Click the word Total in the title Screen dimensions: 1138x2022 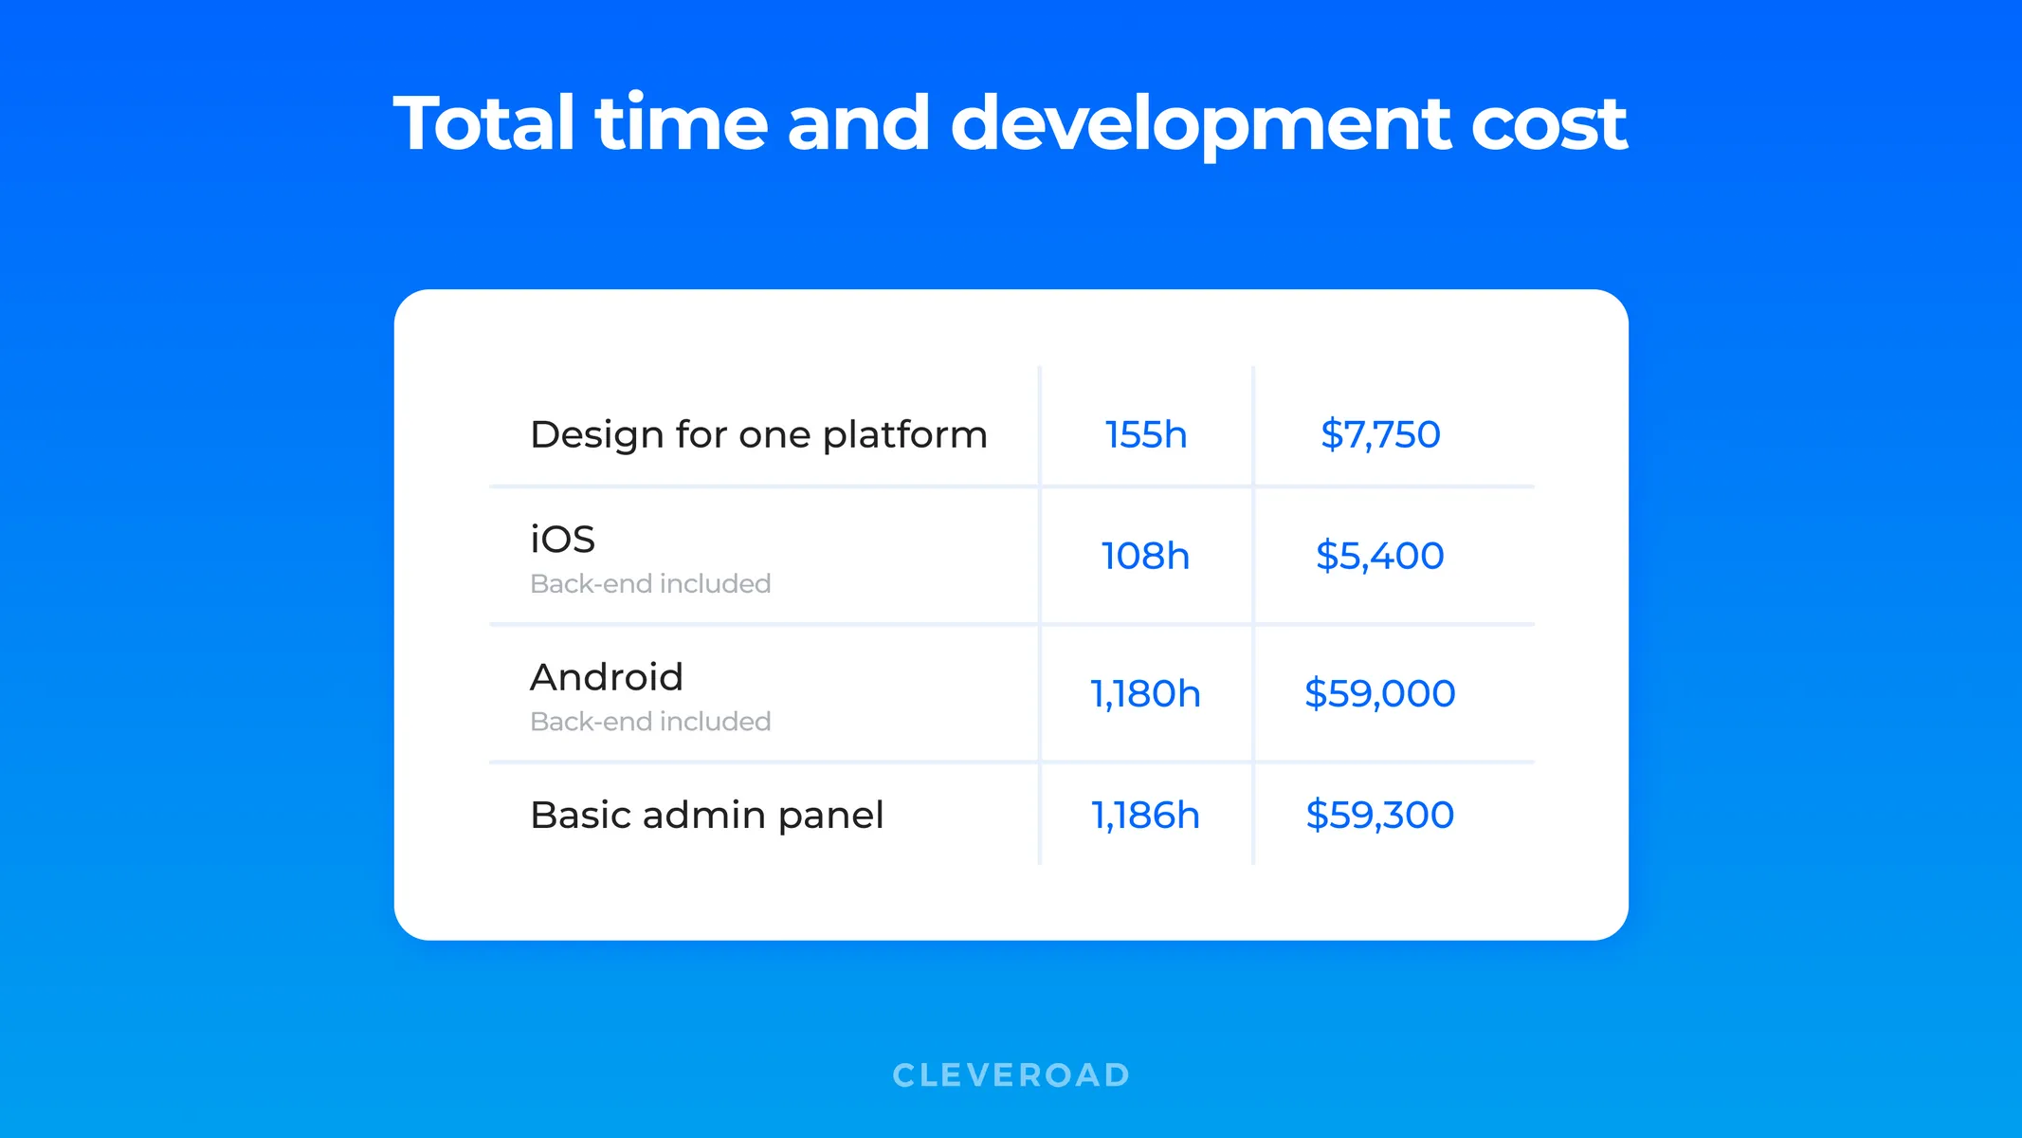(x=483, y=123)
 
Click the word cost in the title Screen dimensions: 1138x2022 (x=1548, y=123)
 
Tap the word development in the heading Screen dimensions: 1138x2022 (x=1200, y=123)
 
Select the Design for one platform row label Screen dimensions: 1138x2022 (x=758, y=434)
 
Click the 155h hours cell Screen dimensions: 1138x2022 (x=1145, y=434)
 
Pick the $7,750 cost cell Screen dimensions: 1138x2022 (x=1380, y=434)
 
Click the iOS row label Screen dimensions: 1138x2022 (x=562, y=539)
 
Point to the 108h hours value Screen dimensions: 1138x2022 (x=1145, y=556)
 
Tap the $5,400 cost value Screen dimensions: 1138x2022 (x=1379, y=556)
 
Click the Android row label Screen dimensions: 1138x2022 (x=607, y=677)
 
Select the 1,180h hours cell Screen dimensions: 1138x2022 (x=1145, y=693)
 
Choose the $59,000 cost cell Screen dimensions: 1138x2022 (x=1379, y=693)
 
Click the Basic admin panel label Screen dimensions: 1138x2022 (x=706, y=815)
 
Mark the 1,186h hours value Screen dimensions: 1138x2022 (x=1145, y=815)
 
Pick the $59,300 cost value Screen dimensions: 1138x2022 (x=1379, y=815)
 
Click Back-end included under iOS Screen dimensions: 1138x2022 (x=650, y=583)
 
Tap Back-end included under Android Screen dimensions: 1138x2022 (x=650, y=722)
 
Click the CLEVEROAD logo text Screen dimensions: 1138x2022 (x=1011, y=1074)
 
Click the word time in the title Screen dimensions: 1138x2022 (x=681, y=123)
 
